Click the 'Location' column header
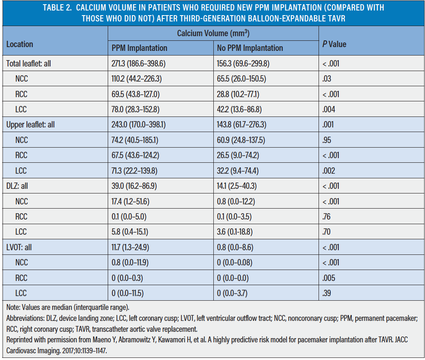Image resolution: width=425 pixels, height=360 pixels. [20, 44]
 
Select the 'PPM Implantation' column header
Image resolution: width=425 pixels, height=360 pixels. [139, 48]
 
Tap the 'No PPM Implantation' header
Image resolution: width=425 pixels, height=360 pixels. [250, 48]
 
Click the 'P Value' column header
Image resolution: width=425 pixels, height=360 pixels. [335, 44]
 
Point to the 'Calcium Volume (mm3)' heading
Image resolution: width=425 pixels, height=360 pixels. [213, 33]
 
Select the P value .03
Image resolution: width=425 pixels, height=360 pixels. [327, 79]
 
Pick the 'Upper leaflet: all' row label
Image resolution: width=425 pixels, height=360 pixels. [30, 124]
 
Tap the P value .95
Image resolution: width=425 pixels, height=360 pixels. [327, 140]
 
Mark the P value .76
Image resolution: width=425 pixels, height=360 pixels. [327, 217]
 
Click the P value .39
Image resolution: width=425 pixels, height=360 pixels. [327, 293]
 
